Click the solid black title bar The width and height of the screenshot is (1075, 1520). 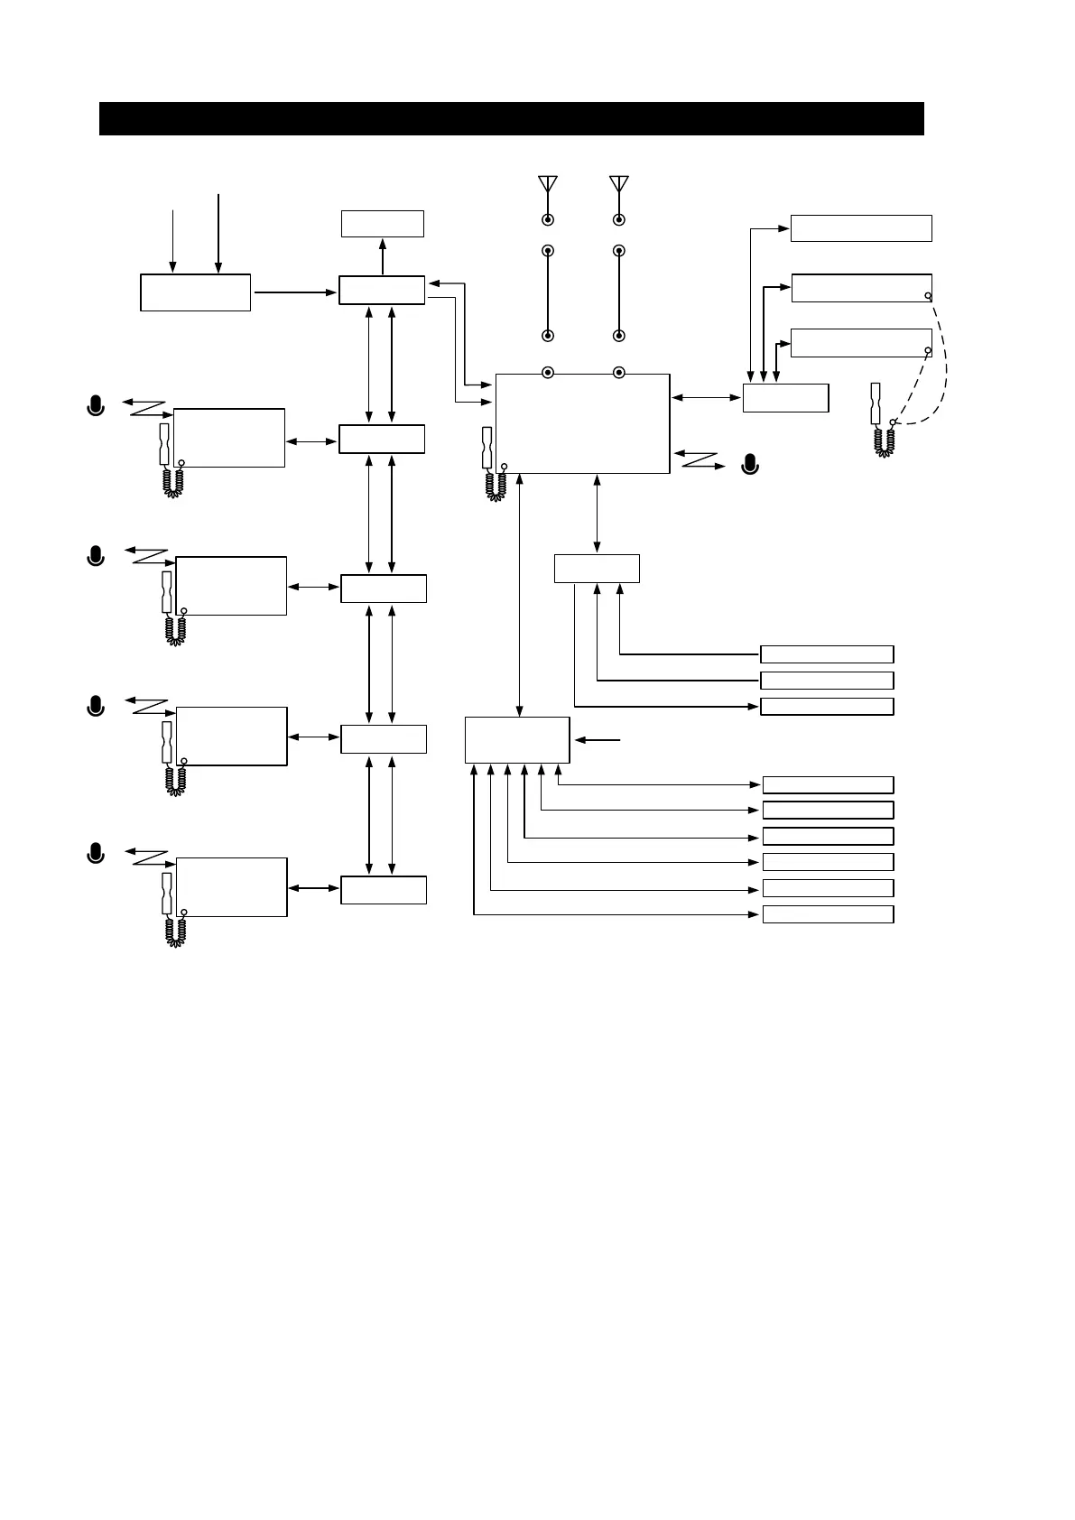pos(511,118)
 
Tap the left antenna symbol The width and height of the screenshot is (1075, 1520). pos(547,184)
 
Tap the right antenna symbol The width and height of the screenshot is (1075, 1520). pos(618,184)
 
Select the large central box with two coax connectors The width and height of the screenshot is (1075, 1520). pos(582,422)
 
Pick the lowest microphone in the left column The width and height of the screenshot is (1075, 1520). pos(96,851)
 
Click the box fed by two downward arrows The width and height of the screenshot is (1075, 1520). pos(195,292)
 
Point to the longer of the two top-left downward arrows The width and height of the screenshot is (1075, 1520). pos(218,231)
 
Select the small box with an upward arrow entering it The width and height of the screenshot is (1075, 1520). pos(382,223)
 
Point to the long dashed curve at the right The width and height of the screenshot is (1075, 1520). pos(944,361)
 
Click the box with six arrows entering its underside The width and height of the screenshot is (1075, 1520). pos(516,740)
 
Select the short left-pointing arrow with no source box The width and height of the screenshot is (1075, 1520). pos(598,740)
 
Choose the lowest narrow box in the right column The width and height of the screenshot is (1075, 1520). pos(828,914)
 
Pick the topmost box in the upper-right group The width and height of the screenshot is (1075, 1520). pos(860,228)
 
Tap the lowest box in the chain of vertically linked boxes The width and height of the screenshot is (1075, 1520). pos(383,890)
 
